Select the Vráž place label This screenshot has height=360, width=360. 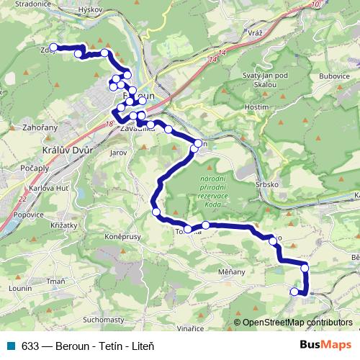(x=253, y=33)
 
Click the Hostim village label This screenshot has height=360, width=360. (x=257, y=106)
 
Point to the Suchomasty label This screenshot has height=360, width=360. (x=104, y=318)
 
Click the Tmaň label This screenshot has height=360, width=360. (x=55, y=282)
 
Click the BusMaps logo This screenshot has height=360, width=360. (x=325, y=345)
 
